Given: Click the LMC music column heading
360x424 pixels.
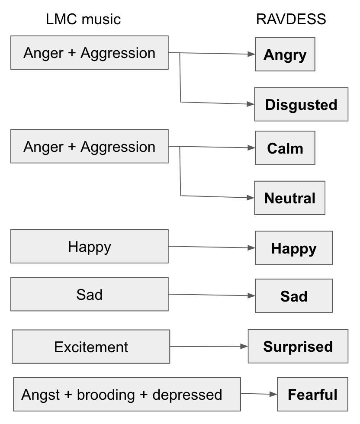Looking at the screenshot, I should [83, 19].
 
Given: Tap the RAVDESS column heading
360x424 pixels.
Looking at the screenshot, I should [291, 19].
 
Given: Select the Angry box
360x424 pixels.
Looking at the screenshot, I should [285, 55].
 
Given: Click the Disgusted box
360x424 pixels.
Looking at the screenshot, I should [301, 104].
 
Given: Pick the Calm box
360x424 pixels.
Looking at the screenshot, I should [285, 148].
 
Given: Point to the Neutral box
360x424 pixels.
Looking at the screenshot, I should [289, 198].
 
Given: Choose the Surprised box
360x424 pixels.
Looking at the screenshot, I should [298, 347].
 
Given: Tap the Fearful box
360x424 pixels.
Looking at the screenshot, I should [312, 395].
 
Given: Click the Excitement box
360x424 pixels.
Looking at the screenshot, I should [91, 347].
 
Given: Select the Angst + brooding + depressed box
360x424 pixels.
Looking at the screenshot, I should [127, 395].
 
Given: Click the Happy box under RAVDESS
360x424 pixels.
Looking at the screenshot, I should [294, 248].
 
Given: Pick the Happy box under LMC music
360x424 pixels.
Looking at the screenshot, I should [89, 247].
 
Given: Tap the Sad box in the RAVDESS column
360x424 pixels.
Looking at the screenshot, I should [294, 296].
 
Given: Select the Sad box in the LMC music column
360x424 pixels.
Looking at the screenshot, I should [89, 295].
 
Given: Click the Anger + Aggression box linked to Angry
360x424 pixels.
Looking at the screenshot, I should [89, 53].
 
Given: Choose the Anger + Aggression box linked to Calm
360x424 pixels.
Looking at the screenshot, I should [89, 147].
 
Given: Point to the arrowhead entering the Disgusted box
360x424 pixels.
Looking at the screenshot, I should [251, 104].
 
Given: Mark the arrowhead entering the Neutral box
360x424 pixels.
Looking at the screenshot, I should [251, 198].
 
